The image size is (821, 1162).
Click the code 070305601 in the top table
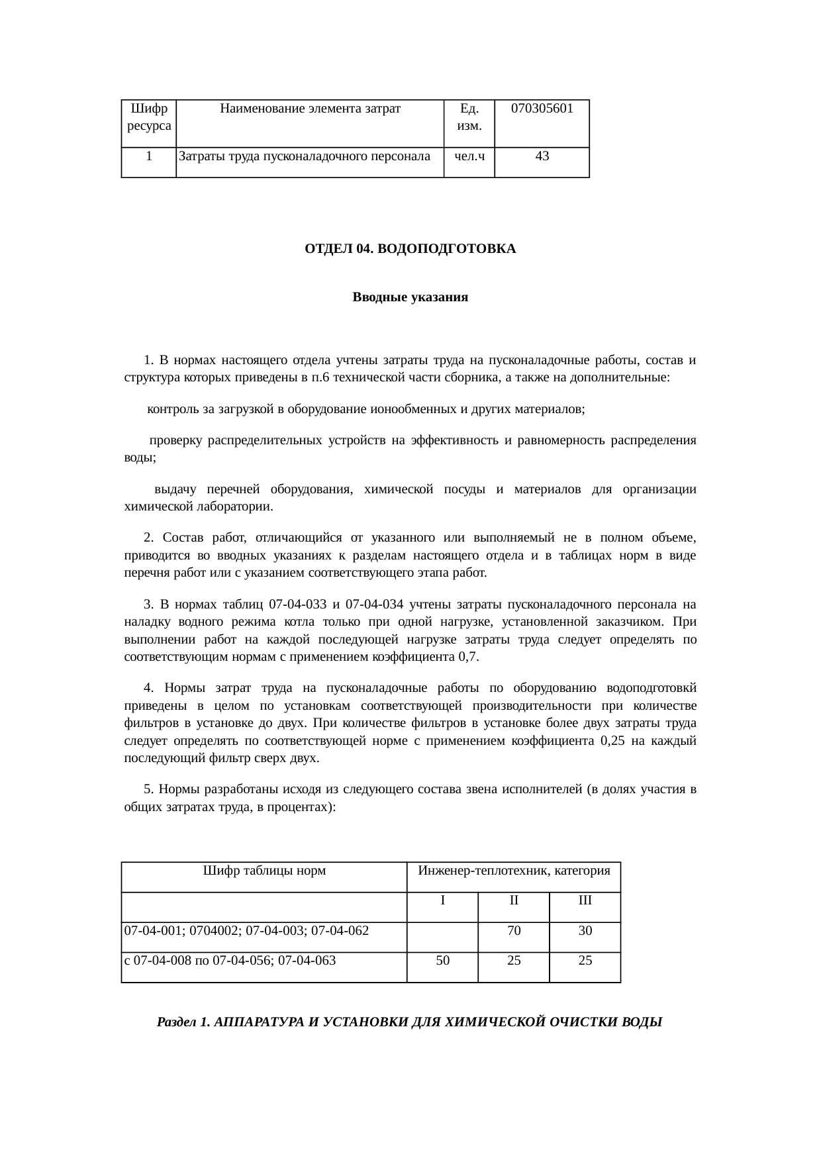[x=542, y=109]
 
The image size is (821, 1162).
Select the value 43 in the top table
[x=542, y=157]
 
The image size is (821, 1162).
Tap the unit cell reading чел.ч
[x=469, y=157]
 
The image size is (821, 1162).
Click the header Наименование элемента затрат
[x=310, y=109]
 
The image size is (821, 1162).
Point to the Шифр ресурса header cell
[x=149, y=117]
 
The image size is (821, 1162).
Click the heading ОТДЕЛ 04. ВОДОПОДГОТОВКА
[x=410, y=250]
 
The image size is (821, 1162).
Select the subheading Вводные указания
[x=410, y=297]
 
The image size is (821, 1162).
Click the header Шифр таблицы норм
[x=264, y=871]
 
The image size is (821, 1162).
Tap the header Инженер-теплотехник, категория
[x=514, y=871]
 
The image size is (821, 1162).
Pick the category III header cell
[x=585, y=900]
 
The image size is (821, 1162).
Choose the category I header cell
[x=442, y=900]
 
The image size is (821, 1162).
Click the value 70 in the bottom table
[x=514, y=931]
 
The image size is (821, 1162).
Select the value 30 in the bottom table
[x=585, y=931]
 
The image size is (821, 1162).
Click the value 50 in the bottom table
[x=442, y=961]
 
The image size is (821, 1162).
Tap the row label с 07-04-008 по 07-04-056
[x=230, y=961]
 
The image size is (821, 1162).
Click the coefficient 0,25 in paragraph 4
[x=612, y=741]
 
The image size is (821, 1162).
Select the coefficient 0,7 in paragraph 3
[x=468, y=657]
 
